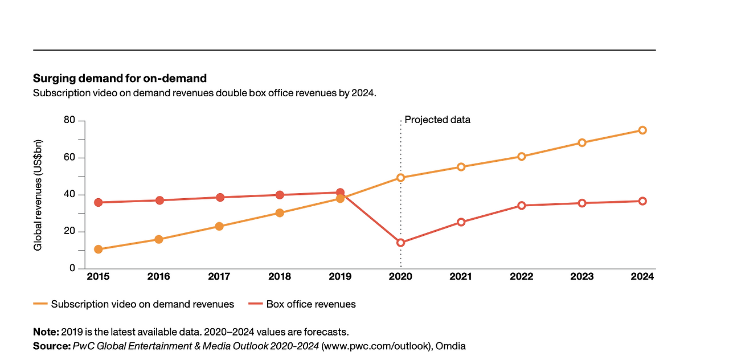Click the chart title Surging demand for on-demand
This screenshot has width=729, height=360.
(x=120, y=78)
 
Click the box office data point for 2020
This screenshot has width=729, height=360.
(x=400, y=243)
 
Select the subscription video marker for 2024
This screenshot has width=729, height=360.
(x=642, y=130)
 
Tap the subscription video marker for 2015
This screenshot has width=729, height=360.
(x=98, y=249)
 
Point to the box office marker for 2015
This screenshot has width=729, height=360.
(x=98, y=202)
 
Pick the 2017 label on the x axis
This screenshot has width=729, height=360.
(x=219, y=277)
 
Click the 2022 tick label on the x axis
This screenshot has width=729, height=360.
(x=521, y=277)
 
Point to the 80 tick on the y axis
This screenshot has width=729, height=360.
(x=69, y=121)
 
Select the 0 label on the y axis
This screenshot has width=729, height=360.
(x=72, y=268)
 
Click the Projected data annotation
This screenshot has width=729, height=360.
(x=437, y=120)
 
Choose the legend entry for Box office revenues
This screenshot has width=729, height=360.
(x=310, y=304)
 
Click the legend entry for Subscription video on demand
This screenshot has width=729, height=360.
(x=142, y=304)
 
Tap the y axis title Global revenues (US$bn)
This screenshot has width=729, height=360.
(x=38, y=195)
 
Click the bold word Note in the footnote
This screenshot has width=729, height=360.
(x=45, y=332)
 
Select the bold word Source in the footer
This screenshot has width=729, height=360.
(x=50, y=346)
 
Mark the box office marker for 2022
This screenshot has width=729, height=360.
(x=521, y=205)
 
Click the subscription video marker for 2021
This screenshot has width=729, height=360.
(x=461, y=167)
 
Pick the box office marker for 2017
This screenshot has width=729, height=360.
(x=219, y=197)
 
